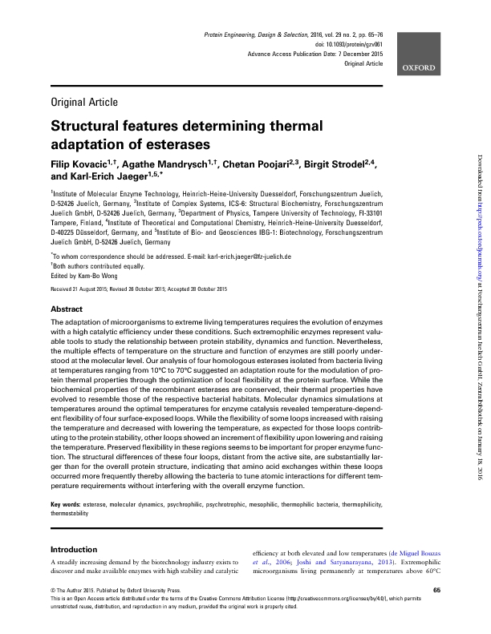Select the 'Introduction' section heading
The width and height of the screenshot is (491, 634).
(x=74, y=550)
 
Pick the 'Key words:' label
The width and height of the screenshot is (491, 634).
(x=69, y=504)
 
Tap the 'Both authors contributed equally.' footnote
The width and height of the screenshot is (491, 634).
(x=92, y=243)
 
